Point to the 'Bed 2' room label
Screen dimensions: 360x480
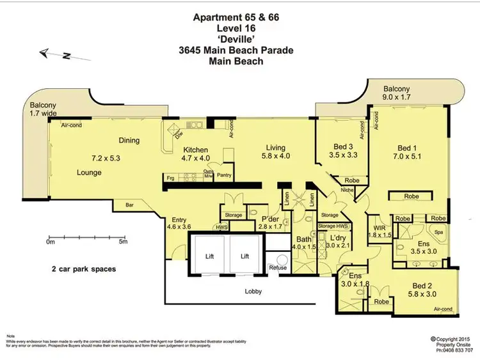422,286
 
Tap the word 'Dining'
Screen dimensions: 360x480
129,141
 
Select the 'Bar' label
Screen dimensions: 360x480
130,206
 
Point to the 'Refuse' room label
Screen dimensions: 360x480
278,268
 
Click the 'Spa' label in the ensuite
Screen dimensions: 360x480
439,233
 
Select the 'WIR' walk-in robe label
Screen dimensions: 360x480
379,227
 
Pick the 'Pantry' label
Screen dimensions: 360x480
225,175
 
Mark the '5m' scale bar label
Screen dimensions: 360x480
124,243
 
